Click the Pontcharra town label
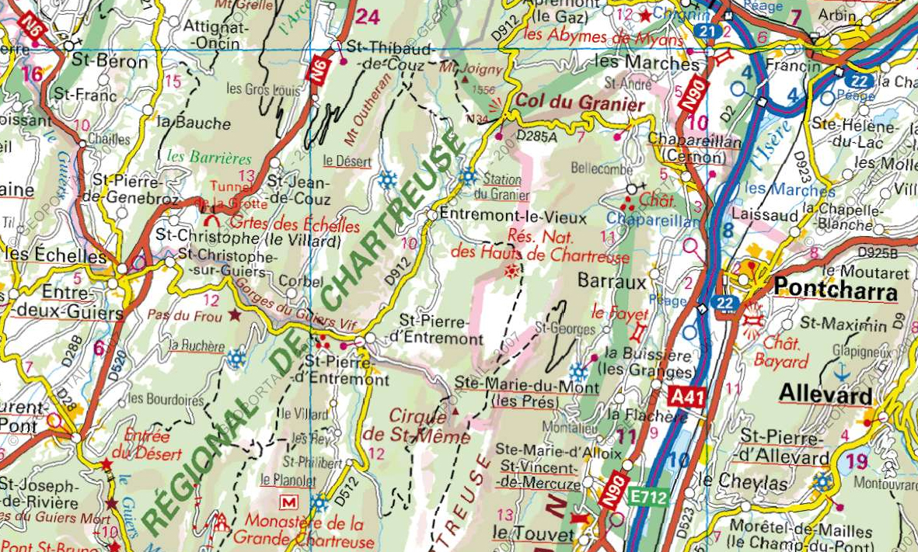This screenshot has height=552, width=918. [835, 289]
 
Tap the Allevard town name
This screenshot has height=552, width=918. [826, 394]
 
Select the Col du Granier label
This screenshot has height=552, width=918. [581, 104]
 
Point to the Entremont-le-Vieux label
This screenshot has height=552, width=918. [513, 213]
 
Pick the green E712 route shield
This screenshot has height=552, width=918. [647, 498]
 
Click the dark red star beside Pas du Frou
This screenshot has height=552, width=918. [235, 315]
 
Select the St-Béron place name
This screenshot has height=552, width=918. [110, 61]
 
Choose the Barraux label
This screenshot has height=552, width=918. [613, 281]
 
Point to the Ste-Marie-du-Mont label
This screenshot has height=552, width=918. [526, 387]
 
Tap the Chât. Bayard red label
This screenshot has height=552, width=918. [781, 352]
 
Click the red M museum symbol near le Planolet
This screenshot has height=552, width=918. [288, 502]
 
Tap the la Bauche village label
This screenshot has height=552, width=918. [194, 123]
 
